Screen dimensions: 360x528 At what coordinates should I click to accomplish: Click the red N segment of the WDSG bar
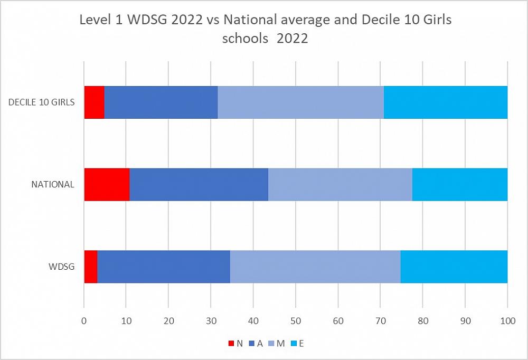[91, 267]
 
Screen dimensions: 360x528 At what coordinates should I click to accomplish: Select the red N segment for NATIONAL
[107, 184]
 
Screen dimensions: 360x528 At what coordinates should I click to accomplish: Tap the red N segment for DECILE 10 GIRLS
[94, 102]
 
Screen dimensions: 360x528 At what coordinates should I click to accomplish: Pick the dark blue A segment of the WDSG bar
[164, 267]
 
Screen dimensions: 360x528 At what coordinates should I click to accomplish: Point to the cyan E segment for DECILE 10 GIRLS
[446, 102]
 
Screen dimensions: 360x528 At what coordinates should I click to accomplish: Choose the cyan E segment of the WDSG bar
[454, 267]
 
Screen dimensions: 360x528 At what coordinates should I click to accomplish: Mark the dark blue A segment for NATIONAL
[199, 184]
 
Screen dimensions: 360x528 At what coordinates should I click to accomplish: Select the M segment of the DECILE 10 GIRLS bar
[300, 102]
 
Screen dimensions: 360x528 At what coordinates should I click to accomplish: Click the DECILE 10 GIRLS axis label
[41, 102]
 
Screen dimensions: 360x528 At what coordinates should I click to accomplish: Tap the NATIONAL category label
[53, 185]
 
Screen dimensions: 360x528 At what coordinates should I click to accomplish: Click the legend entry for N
[235, 344]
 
